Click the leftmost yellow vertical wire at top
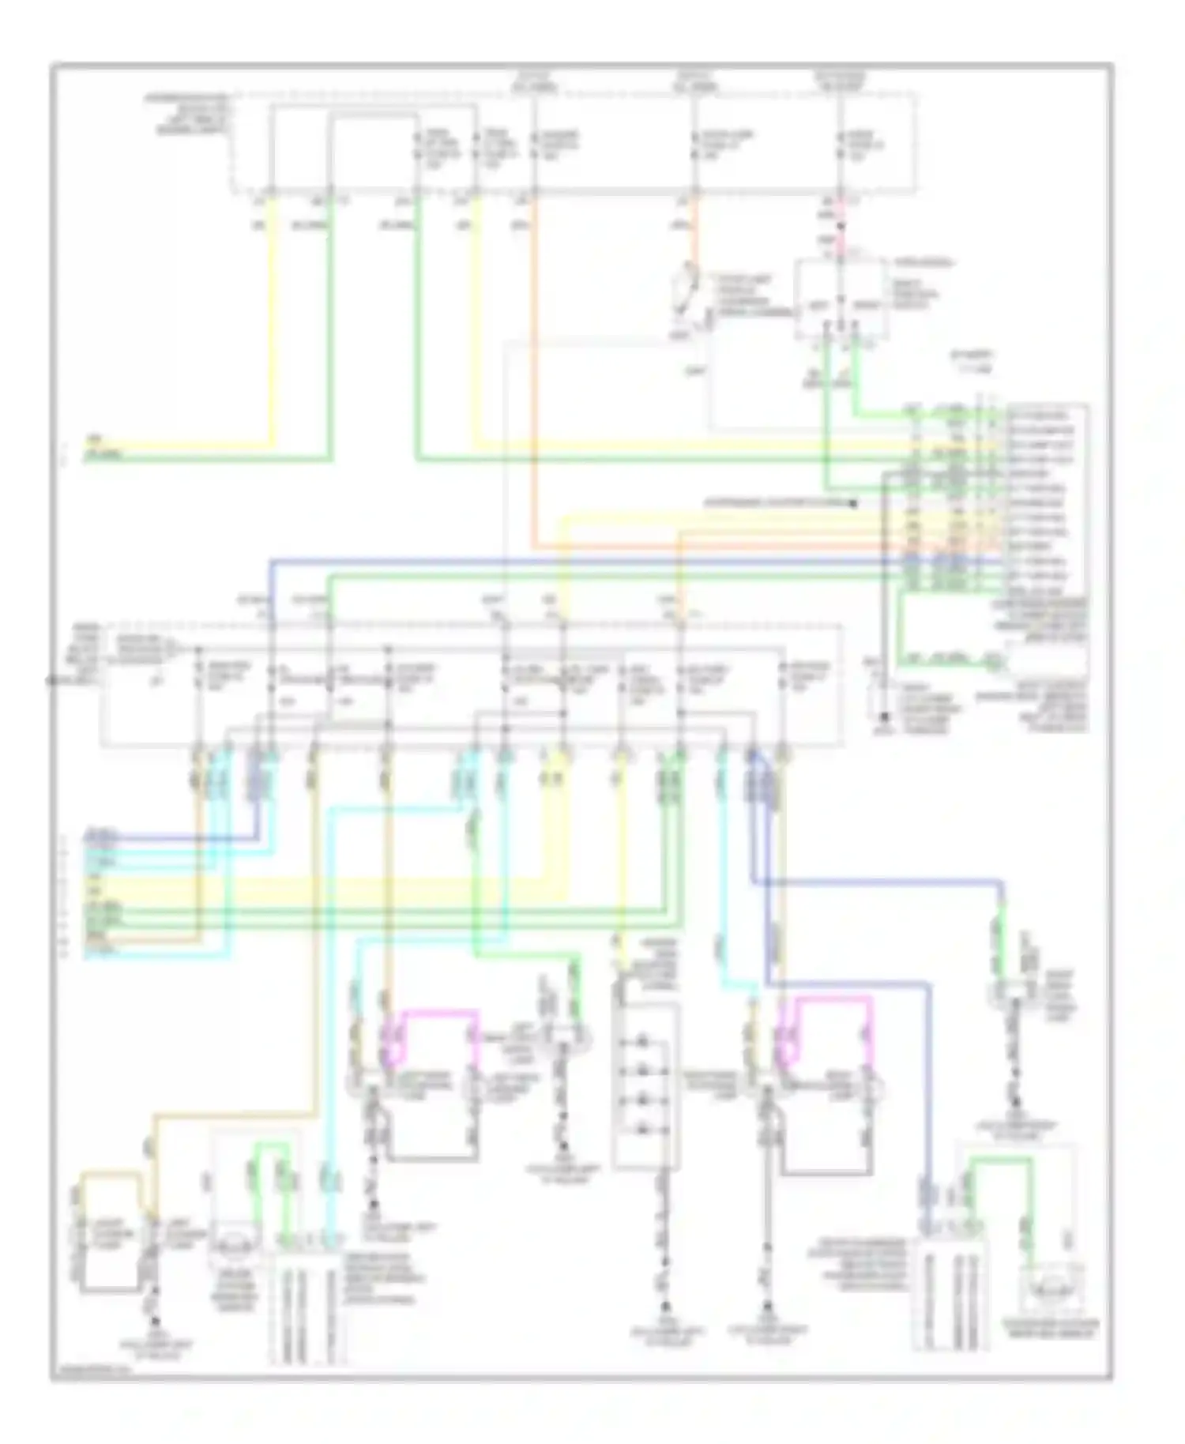click(x=273, y=316)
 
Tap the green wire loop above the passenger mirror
click(x=1001, y=1161)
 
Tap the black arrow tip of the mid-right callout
click(x=856, y=502)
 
